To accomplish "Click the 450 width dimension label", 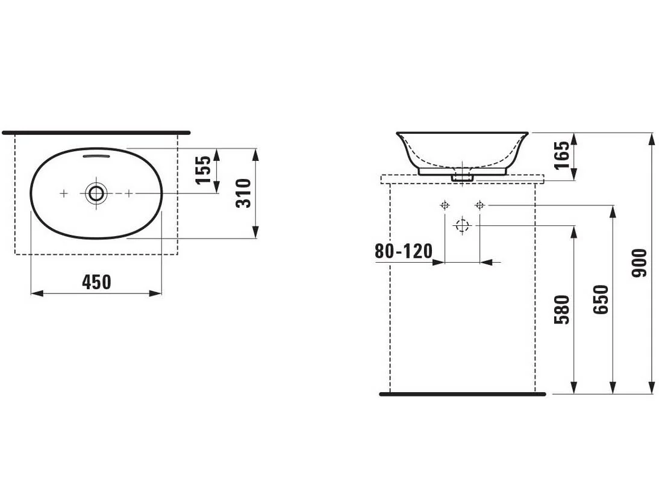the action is point(96,282).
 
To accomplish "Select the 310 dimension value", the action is point(244,193).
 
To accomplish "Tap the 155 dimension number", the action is point(203,170).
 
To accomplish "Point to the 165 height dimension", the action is point(562,155).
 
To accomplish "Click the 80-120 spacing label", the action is point(404,251).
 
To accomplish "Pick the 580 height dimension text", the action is point(562,310).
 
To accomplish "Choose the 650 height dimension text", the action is point(601,299).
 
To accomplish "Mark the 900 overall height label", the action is point(639,263).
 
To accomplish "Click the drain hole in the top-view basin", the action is point(96,193).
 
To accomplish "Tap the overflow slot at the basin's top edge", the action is point(96,156).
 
